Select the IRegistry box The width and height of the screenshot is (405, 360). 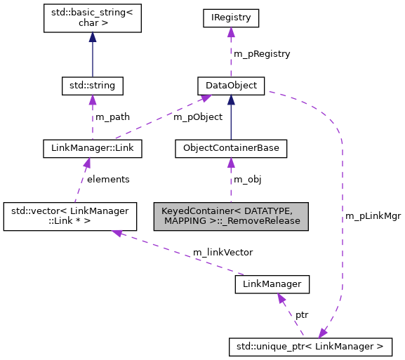[x=230, y=18]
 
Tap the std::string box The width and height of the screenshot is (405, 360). [x=93, y=86]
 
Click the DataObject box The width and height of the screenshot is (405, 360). [x=230, y=86]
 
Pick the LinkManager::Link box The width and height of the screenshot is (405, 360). [x=93, y=148]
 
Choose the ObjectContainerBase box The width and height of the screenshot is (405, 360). [x=230, y=148]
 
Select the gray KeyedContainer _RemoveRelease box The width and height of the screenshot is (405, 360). [x=230, y=215]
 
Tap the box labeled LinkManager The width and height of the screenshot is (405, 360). [x=272, y=284]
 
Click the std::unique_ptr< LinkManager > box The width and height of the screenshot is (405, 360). [x=310, y=346]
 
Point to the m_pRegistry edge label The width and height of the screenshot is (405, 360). [x=261, y=53]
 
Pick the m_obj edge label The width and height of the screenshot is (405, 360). [x=248, y=179]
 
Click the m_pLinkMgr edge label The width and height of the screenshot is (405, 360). [x=373, y=215]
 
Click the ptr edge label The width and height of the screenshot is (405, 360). [x=301, y=316]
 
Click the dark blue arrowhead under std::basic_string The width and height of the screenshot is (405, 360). [x=93, y=39]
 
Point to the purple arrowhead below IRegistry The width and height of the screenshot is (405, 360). [x=230, y=32]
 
